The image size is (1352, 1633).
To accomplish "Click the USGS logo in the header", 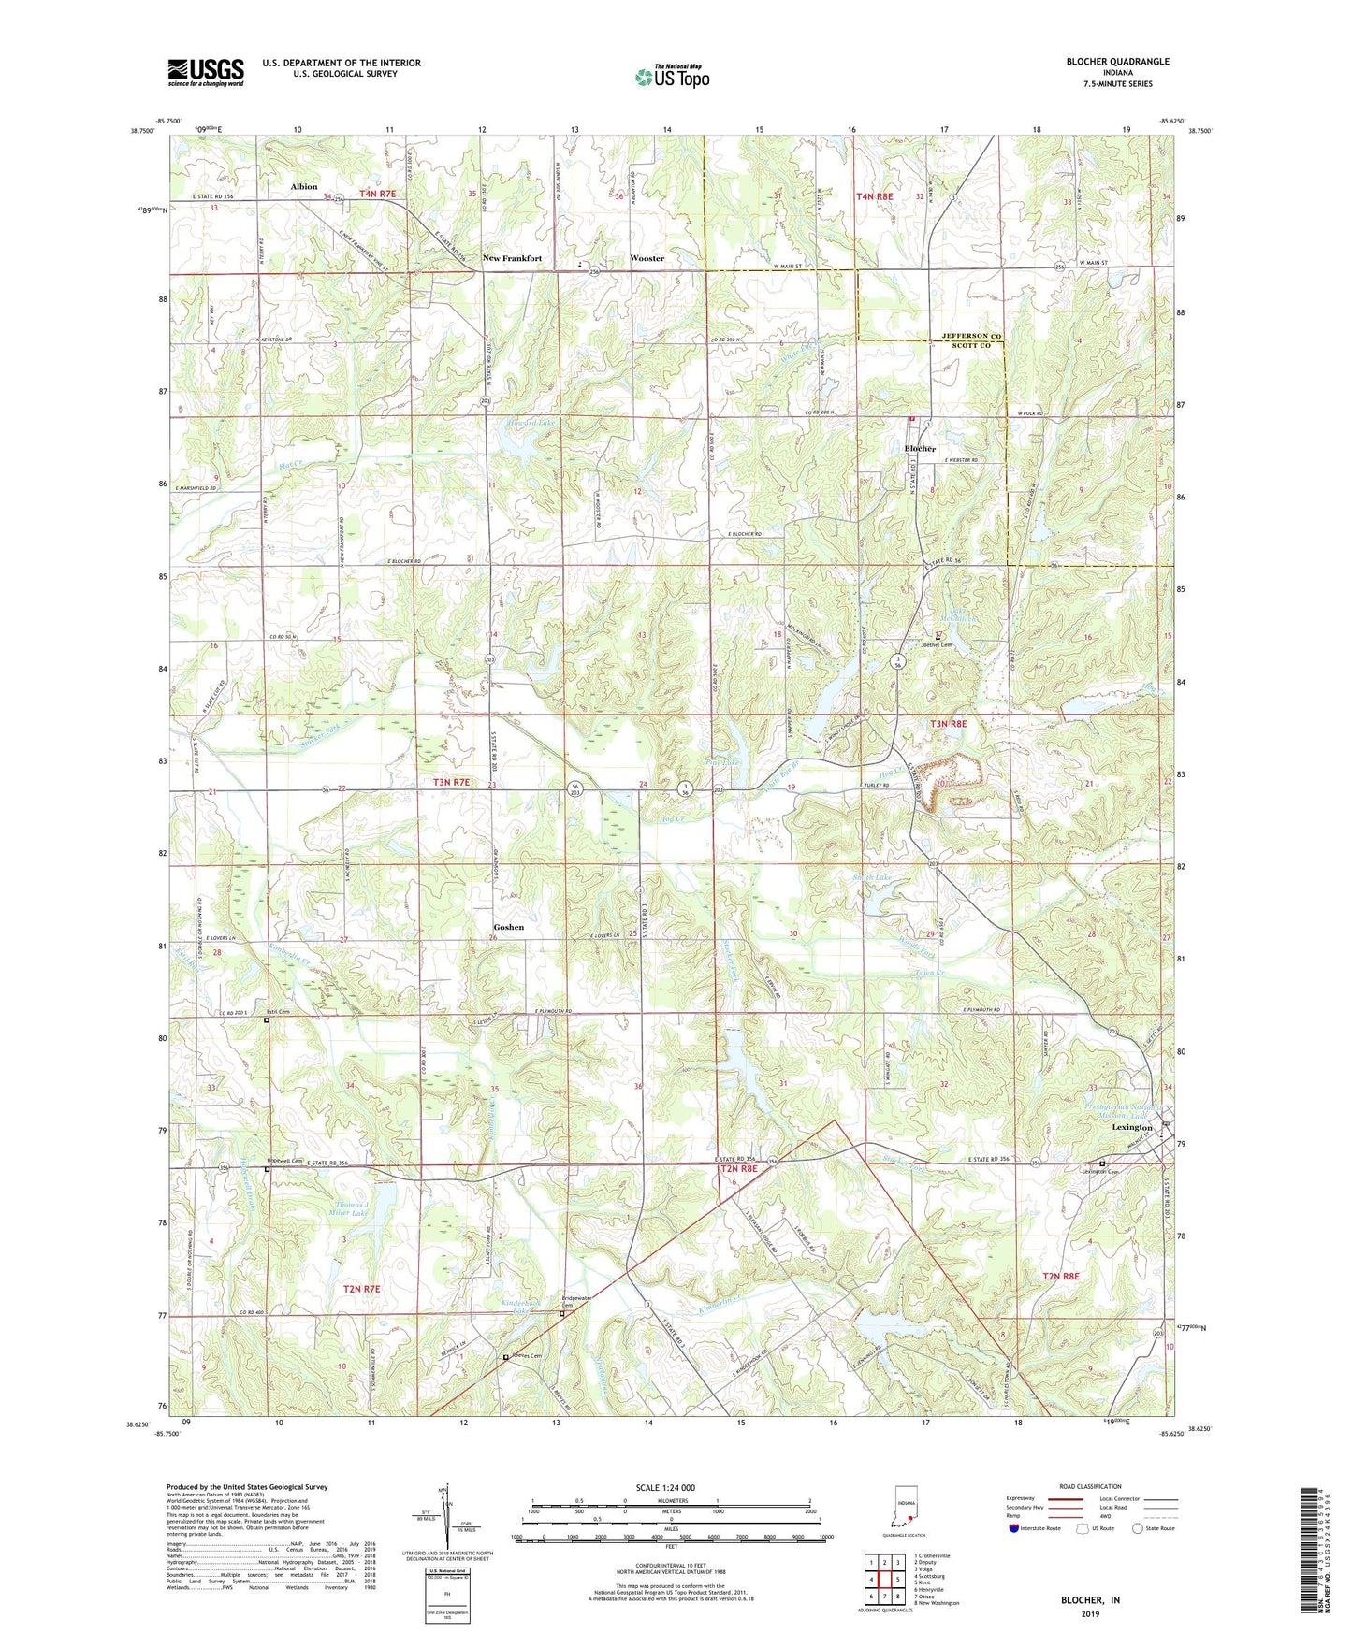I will coord(206,71).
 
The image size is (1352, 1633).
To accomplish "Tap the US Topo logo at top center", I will coord(671,77).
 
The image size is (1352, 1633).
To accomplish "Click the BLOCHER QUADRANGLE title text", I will coord(1117,62).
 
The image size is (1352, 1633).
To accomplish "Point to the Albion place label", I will coord(304,187).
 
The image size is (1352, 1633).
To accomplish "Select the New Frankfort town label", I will coord(512,258).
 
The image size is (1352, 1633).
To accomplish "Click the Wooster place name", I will coord(647,258).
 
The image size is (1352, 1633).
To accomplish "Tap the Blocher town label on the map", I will coord(920,449).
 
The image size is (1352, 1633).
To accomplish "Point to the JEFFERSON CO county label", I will coord(970,336).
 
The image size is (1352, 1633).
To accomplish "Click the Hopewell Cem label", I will coord(285,1161).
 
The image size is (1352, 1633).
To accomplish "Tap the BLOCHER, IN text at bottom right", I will coord(1090,1600).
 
